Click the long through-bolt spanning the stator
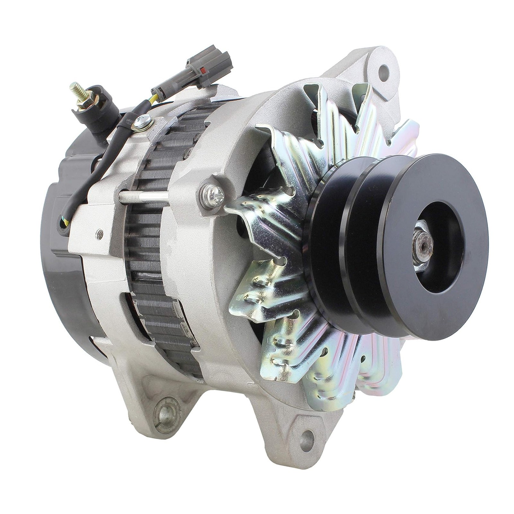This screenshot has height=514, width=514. tap(145, 197)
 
